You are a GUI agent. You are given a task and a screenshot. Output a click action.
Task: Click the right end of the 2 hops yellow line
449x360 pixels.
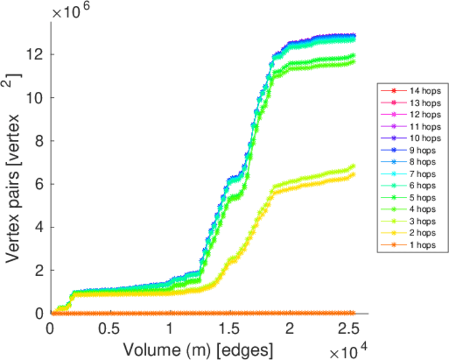353,175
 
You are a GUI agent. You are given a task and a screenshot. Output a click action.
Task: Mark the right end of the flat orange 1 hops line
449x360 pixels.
353,313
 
